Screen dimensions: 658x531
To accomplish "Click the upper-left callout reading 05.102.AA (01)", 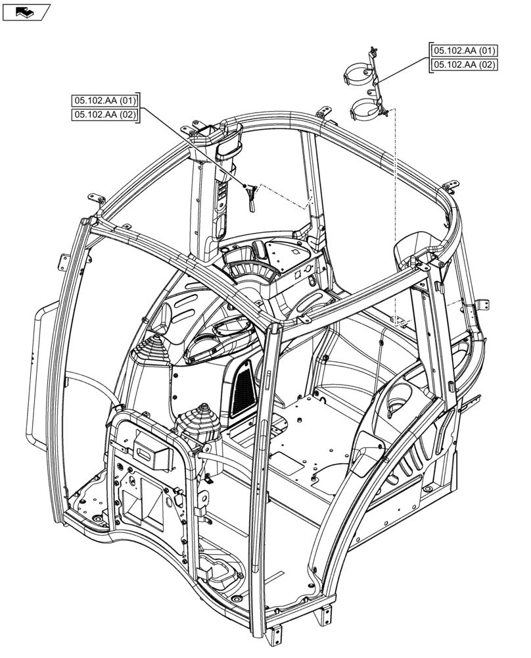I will pyautogui.click(x=105, y=101).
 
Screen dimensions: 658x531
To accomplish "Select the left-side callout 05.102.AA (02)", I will pyautogui.click(x=105, y=115).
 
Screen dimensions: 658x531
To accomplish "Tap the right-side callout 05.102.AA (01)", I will pyautogui.click(x=463, y=51).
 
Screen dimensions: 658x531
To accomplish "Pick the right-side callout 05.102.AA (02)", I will pyautogui.click(x=463, y=64).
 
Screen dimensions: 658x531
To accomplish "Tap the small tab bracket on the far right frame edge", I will pyautogui.click(x=484, y=305).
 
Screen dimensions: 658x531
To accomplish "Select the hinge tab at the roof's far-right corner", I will pyautogui.click(x=451, y=186).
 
